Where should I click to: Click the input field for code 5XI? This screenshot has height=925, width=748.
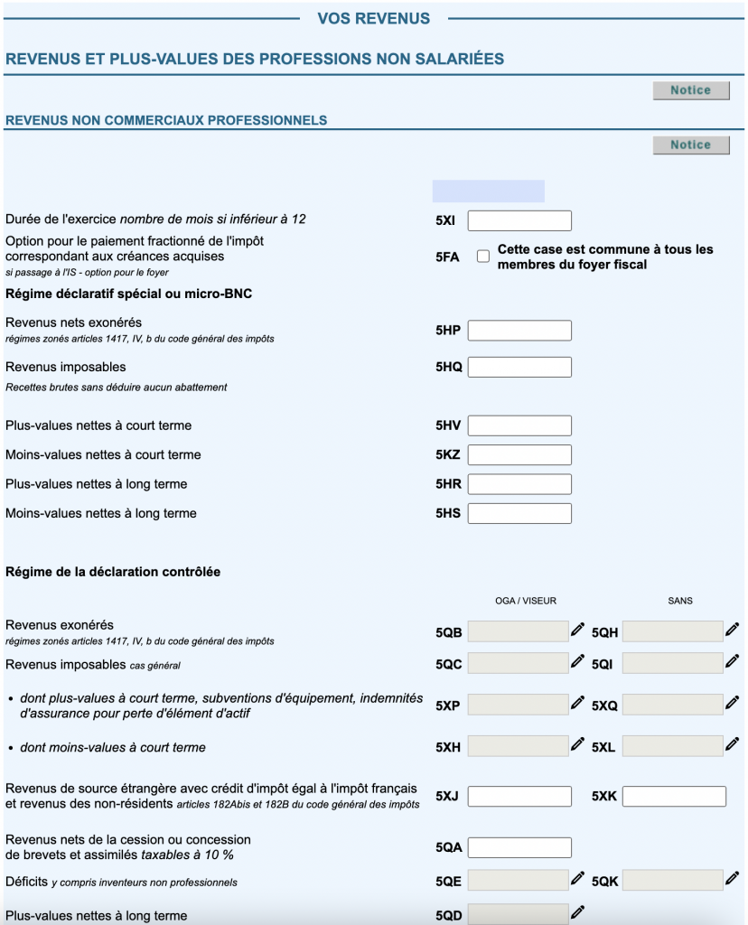(519, 220)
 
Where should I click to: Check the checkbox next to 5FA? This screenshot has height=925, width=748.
(483, 257)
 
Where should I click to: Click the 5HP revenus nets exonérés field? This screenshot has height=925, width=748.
(519, 331)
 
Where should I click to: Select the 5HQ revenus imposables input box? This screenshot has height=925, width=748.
(519, 367)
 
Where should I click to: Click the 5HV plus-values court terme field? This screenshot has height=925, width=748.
(519, 425)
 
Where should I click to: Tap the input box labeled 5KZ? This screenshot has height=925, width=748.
(519, 455)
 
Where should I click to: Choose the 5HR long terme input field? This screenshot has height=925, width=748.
(519, 484)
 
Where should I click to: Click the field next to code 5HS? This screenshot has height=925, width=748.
(519, 514)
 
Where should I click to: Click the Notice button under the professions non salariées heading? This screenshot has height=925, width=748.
(691, 90)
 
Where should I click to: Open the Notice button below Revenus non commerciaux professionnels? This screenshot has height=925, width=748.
(691, 145)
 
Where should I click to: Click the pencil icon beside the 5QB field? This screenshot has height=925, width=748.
(577, 630)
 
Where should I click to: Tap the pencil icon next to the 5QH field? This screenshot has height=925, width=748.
(732, 630)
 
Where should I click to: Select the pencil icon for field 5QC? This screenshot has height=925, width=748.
(577, 661)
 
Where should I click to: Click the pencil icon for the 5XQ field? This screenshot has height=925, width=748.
(732, 702)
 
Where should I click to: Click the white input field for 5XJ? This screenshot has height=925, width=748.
(519, 797)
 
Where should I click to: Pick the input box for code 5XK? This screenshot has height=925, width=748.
(674, 797)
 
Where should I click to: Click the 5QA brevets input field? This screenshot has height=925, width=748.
(519, 847)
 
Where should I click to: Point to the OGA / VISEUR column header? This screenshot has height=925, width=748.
(526, 601)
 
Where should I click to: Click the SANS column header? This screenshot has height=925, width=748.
(680, 601)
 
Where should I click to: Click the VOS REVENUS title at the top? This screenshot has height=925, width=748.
(374, 18)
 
